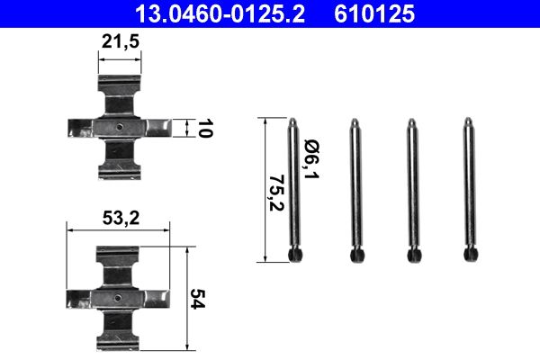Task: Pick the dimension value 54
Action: tap(199, 298)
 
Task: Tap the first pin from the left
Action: tap(294, 190)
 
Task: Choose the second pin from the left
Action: tap(355, 190)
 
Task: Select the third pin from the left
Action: tap(411, 190)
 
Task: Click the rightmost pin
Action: tap(469, 190)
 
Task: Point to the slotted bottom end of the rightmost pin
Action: tap(469, 256)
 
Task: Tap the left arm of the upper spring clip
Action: tap(83, 129)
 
